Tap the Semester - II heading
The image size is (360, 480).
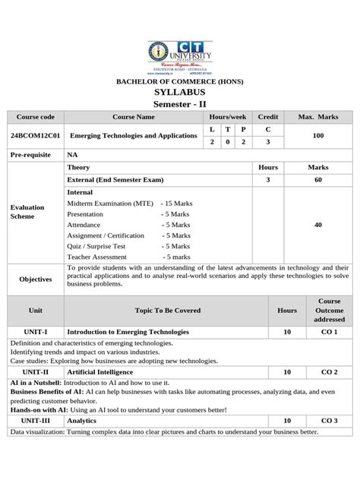pos(179,103)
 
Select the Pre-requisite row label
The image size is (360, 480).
pos(30,153)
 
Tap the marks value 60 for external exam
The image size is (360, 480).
pos(317,180)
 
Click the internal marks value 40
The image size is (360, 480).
pos(317,225)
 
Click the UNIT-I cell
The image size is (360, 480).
pos(35,332)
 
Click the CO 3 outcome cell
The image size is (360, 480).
pos(328,420)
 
